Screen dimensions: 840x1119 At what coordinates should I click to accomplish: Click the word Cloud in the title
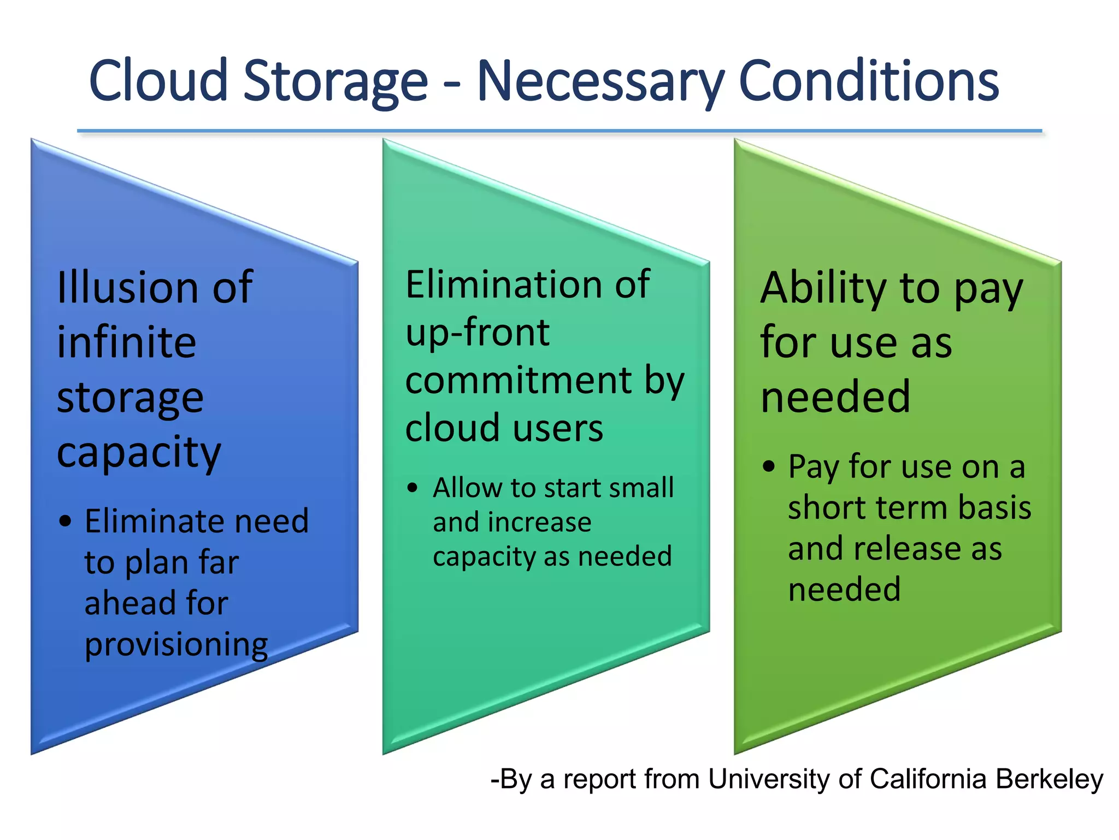[158, 80]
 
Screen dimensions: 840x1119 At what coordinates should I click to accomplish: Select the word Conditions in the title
[869, 80]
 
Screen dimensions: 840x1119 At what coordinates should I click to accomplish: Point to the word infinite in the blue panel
[126, 342]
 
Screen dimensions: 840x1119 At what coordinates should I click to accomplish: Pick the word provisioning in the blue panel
[176, 645]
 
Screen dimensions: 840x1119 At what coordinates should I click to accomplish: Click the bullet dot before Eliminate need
[66, 521]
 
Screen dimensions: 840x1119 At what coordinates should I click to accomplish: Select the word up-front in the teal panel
[477, 332]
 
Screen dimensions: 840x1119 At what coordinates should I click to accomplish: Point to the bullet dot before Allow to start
[413, 488]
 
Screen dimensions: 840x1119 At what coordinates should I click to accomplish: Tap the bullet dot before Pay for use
[769, 467]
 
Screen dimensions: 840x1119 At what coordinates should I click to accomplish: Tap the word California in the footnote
[928, 779]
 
